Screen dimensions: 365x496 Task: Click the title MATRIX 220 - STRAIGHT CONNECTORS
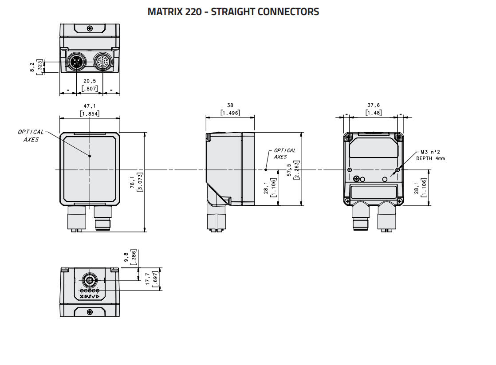coord(233,12)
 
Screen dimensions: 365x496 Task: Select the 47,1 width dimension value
coord(90,106)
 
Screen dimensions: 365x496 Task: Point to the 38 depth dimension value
coord(230,106)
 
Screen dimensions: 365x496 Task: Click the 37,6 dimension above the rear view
coord(373,106)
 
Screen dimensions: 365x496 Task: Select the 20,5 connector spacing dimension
coord(90,81)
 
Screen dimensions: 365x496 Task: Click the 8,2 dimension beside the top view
coord(32,67)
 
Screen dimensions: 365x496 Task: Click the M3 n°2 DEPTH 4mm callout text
coord(430,155)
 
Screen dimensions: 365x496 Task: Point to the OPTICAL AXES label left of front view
coord(31,135)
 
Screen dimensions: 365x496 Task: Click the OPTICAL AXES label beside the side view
coord(284,153)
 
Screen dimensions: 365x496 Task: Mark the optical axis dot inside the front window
coord(90,156)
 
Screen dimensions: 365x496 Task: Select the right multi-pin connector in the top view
coord(102,63)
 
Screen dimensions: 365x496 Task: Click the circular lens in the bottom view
coord(89,280)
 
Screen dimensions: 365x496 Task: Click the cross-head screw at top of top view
coord(90,28)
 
